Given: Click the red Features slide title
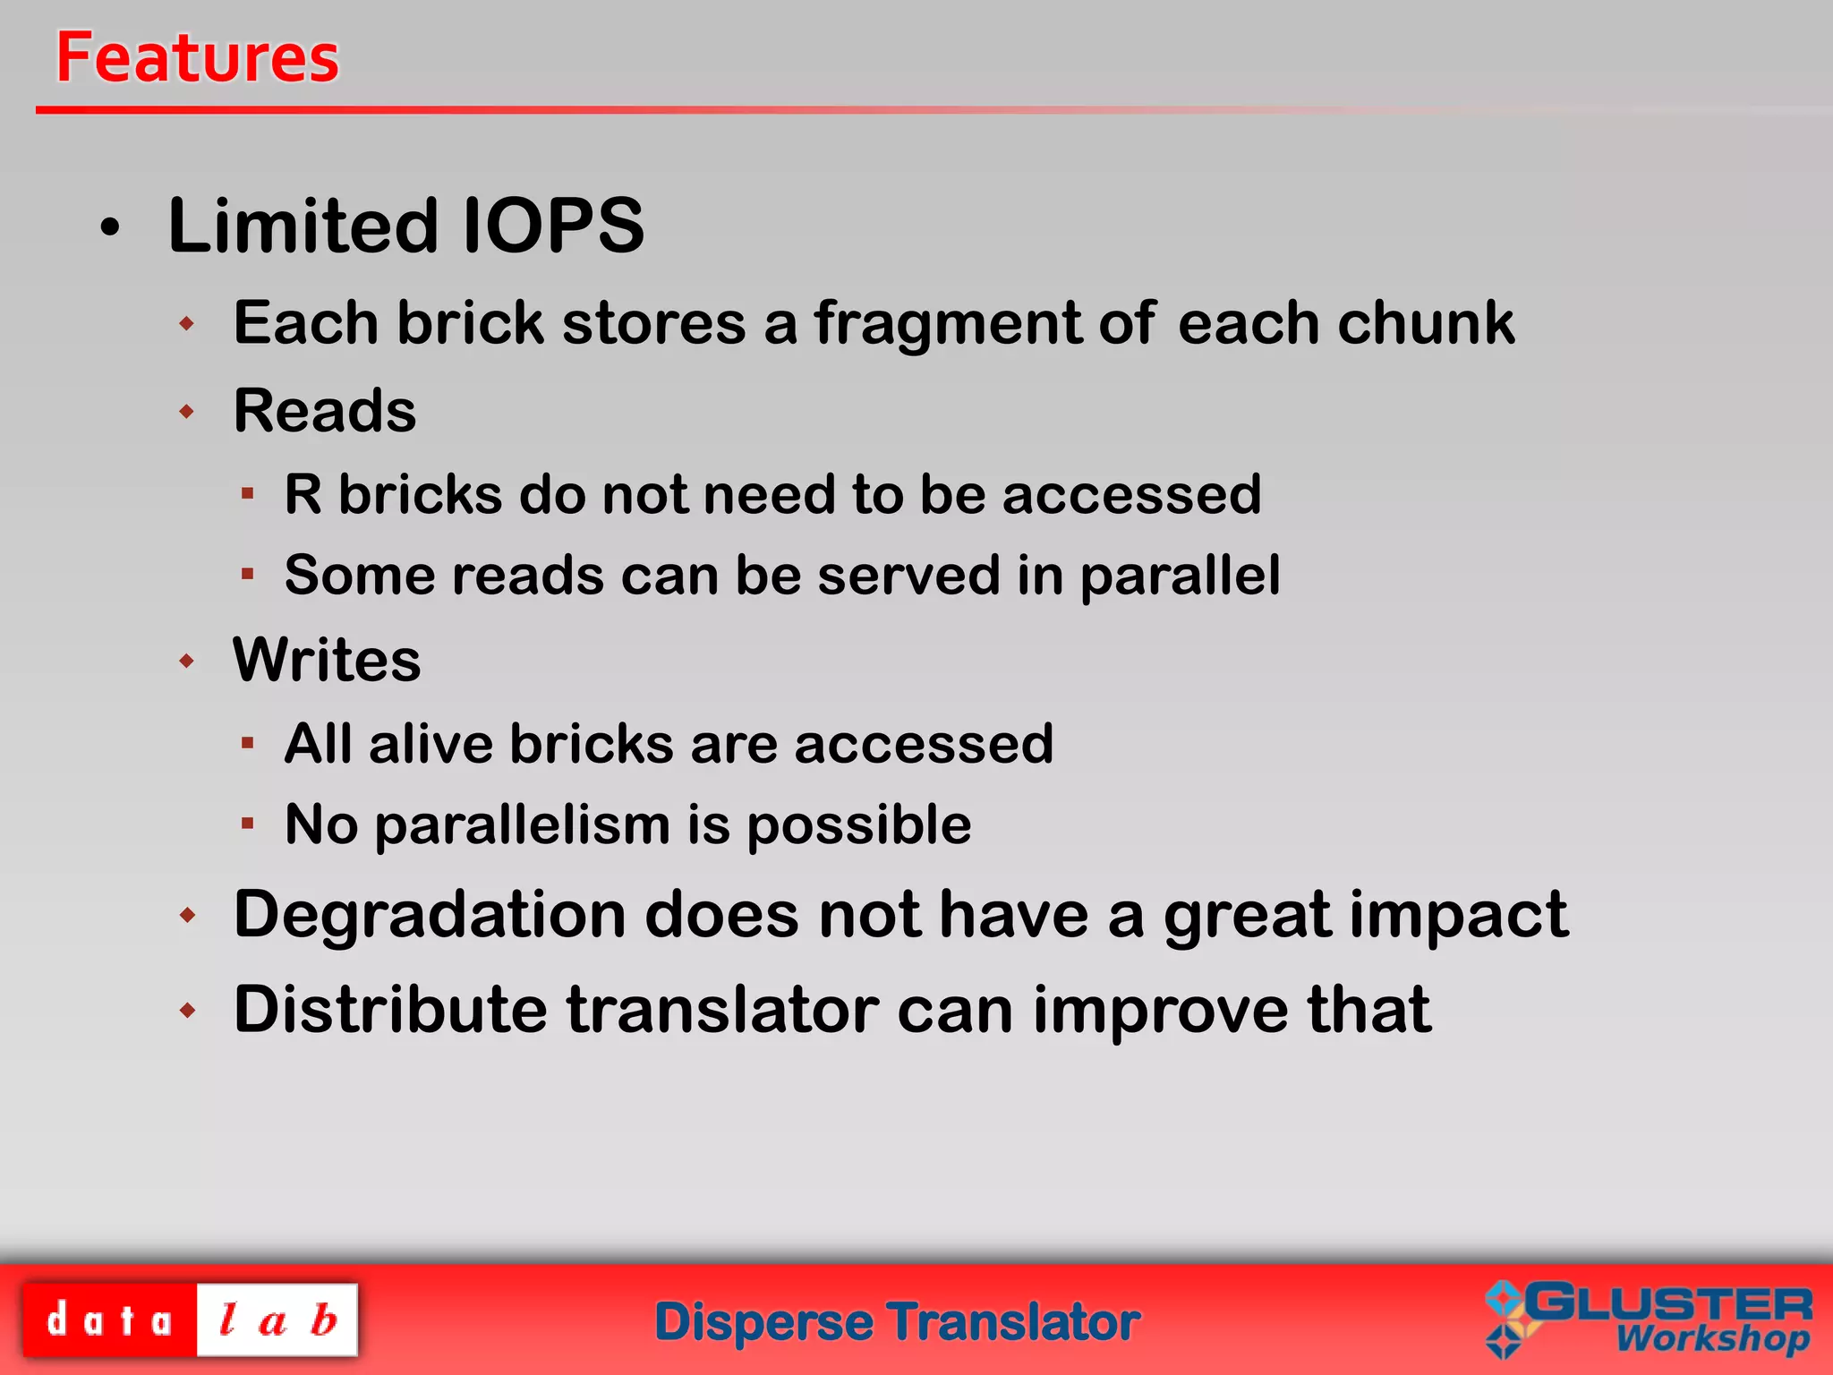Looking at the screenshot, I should (x=197, y=57).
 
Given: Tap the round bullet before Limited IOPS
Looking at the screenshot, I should (x=109, y=227).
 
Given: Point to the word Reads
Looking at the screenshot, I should (x=324, y=411).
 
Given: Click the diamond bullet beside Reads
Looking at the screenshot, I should (x=186, y=412).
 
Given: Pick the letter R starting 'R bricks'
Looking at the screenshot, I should (x=303, y=494).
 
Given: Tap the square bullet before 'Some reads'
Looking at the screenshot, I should (x=248, y=574).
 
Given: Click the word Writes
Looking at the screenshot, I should (x=326, y=660).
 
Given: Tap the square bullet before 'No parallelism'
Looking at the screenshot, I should (x=248, y=823).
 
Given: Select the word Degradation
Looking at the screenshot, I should (x=430, y=915).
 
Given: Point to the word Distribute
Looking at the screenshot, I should (x=390, y=1010).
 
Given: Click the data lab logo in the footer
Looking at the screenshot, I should (x=190, y=1319).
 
